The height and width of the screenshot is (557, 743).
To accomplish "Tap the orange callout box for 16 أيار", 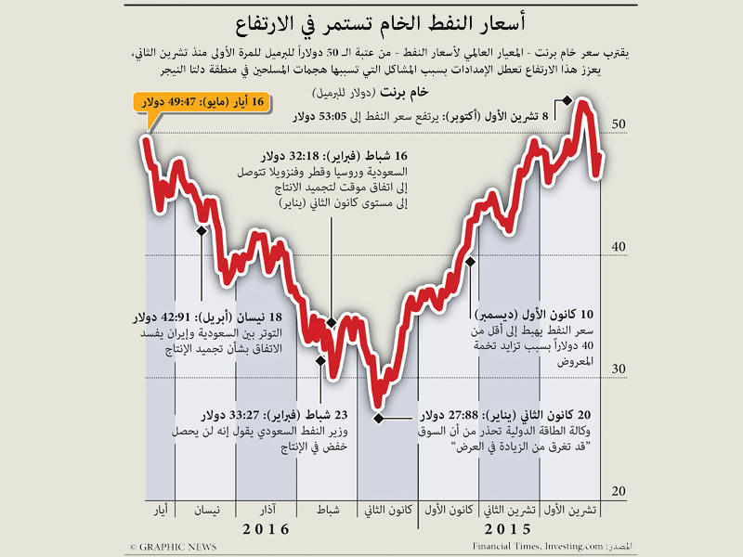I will [201, 102].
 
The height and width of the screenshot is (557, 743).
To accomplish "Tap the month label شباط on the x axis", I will [329, 511].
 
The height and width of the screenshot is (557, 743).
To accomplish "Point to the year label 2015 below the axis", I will [502, 530].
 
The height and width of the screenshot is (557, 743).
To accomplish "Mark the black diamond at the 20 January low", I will [377, 418].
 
